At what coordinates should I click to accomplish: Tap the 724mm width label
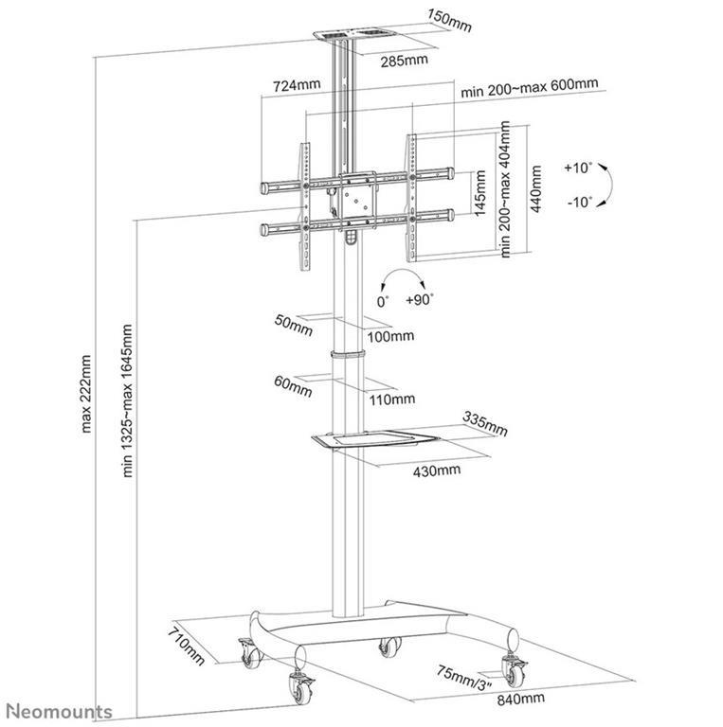(296, 85)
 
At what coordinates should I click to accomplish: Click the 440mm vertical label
(537, 190)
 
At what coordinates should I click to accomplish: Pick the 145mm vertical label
(481, 193)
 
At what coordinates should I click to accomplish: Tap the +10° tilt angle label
(577, 168)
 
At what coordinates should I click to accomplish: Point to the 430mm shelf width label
(437, 470)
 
